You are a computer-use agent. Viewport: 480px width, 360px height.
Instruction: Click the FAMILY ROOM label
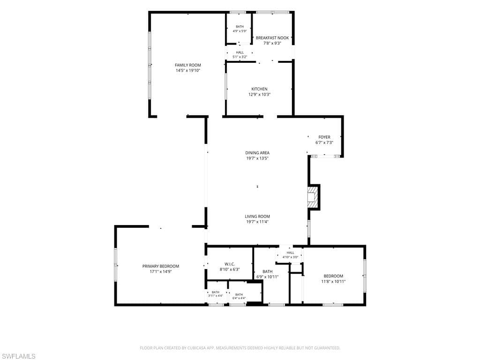pyautogui.click(x=188, y=65)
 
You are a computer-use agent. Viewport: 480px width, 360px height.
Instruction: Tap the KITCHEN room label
pyautogui.click(x=259, y=89)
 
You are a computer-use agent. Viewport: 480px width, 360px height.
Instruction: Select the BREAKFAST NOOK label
pyautogui.click(x=272, y=38)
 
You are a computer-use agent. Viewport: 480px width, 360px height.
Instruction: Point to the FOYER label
pyautogui.click(x=324, y=137)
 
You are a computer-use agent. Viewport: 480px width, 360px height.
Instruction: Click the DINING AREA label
pyautogui.click(x=257, y=153)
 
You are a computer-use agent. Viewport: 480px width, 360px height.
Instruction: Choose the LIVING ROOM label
pyautogui.click(x=257, y=217)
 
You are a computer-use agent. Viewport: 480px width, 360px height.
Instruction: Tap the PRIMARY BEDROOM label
pyautogui.click(x=161, y=266)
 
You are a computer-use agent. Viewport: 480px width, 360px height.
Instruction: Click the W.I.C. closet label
pyautogui.click(x=230, y=264)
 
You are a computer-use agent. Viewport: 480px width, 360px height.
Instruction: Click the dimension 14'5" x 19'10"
pyautogui.click(x=188, y=70)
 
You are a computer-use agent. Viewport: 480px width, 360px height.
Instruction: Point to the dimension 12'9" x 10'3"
pyautogui.click(x=259, y=95)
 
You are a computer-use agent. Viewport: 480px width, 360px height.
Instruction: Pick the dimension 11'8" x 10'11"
pyautogui.click(x=333, y=281)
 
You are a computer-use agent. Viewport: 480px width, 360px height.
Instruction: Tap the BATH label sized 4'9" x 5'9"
pyautogui.click(x=240, y=27)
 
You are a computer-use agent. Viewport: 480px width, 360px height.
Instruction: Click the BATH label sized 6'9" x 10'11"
pyautogui.click(x=268, y=271)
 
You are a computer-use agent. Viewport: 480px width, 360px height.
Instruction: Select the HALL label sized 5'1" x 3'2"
pyautogui.click(x=240, y=52)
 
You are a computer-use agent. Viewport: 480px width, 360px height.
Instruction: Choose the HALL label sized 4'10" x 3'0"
pyautogui.click(x=291, y=253)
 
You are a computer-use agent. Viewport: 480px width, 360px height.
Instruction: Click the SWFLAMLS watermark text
pyautogui.click(x=18, y=356)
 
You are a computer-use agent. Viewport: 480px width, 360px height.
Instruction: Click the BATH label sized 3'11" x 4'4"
pyautogui.click(x=216, y=292)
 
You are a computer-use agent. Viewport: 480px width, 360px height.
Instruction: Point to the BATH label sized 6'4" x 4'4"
pyautogui.click(x=239, y=294)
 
